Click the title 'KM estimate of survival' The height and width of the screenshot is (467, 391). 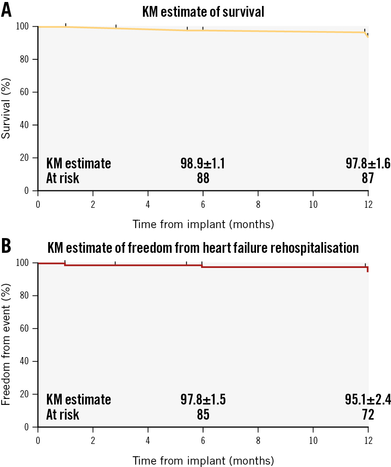pyautogui.click(x=203, y=12)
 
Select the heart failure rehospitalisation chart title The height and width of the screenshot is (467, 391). pyautogui.click(x=203, y=248)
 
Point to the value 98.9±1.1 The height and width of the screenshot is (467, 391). pyautogui.click(x=203, y=164)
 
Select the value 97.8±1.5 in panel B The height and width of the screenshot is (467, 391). pyautogui.click(x=203, y=400)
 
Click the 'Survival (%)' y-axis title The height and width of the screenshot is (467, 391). pyautogui.click(x=6, y=108)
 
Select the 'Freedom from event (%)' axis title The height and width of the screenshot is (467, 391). pyautogui.click(x=6, y=344)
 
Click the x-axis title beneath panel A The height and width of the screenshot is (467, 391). pyautogui.click(x=203, y=225)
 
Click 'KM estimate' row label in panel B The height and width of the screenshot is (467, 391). pyautogui.click(x=78, y=400)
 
